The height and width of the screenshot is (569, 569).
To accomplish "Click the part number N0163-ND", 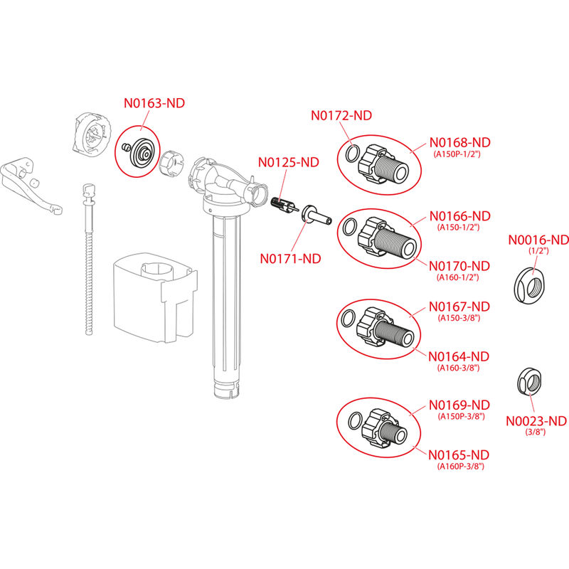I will point(154,103).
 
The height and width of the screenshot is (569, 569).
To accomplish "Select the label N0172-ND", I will point(342,115).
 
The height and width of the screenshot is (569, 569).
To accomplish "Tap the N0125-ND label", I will point(288,162).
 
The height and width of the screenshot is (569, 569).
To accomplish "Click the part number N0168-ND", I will point(460,142).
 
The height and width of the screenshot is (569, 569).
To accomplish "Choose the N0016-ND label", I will point(538,240).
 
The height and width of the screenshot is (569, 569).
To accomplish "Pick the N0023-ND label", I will point(536,421).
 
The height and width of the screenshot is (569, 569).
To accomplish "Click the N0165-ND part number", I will point(459,454).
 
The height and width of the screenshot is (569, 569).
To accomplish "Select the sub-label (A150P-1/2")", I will point(460,154).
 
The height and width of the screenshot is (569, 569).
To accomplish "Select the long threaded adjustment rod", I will point(90,263).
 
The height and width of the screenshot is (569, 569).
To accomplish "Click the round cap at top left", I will point(92,133).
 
